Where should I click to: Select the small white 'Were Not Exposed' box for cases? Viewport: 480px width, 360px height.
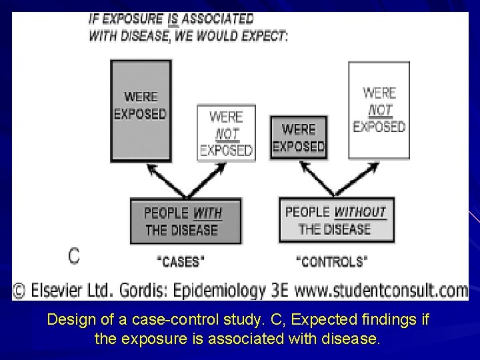pos(226,133)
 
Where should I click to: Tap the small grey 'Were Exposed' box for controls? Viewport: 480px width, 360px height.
pos(298,137)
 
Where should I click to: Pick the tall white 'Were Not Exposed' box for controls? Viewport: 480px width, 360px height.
pos(379,110)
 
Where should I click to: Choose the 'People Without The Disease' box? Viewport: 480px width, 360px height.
pos(336,220)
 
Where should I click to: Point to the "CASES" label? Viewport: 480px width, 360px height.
pos(181,261)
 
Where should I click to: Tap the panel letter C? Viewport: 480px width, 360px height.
pos(75,255)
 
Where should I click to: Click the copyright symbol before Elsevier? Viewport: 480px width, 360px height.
pos(20,291)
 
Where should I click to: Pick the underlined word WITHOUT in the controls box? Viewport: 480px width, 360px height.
pos(360,213)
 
